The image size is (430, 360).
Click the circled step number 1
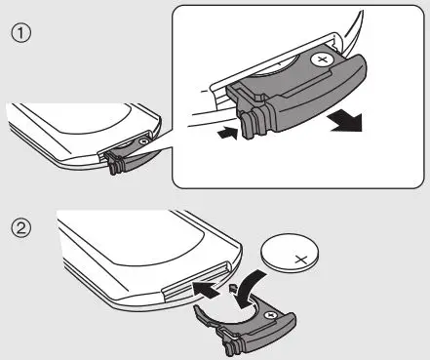click(x=21, y=33)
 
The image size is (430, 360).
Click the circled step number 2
click(x=21, y=227)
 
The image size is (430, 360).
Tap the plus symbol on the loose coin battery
click(x=301, y=260)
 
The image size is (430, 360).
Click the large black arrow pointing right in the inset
click(x=346, y=120)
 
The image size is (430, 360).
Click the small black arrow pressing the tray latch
click(x=228, y=133)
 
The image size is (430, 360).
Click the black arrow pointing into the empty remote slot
click(x=206, y=290)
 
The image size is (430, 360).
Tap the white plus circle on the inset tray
click(x=322, y=60)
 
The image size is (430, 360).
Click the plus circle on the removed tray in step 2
click(x=270, y=314)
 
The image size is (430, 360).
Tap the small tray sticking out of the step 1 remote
click(x=127, y=155)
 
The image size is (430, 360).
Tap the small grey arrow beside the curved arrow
click(x=232, y=288)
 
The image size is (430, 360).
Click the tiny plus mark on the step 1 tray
click(x=142, y=141)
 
